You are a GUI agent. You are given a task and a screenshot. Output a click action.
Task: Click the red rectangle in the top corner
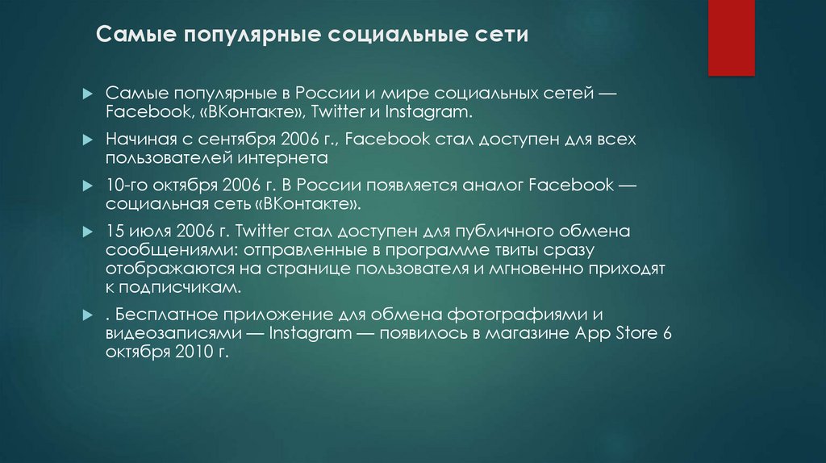point(731,37)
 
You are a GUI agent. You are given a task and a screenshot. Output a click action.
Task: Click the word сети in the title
point(503,36)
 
